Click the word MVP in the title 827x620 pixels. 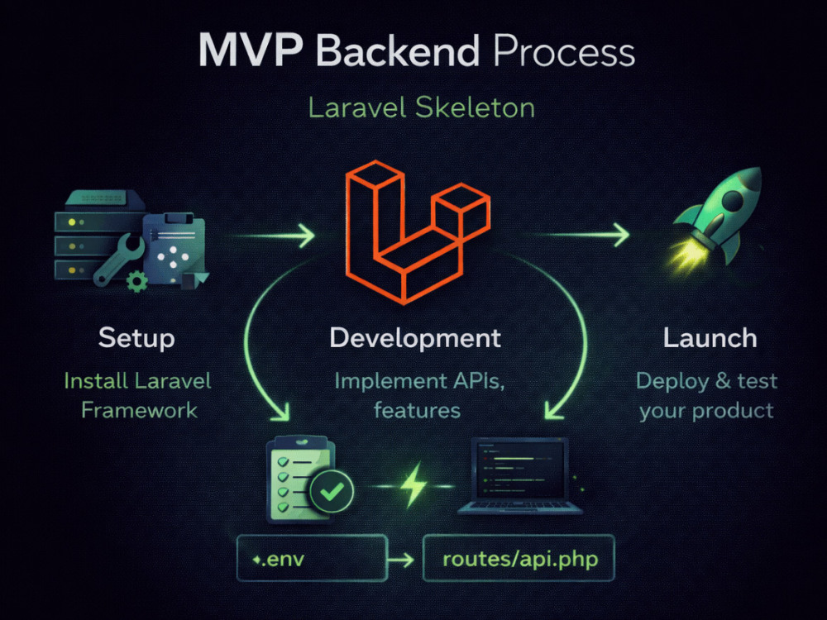251,50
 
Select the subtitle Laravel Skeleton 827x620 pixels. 422,108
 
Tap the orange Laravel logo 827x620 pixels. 418,232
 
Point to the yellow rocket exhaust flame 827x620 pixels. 686,257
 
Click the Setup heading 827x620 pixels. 136,338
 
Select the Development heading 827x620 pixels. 415,338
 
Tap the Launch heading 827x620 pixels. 710,338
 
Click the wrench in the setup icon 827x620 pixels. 119,260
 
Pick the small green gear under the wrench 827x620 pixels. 137,282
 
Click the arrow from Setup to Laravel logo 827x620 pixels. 275,235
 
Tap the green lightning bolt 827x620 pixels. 414,485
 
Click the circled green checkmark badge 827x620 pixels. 332,491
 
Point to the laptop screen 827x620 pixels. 519,470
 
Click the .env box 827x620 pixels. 313,558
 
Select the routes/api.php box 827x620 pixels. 519,558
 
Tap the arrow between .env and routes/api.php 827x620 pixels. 401,559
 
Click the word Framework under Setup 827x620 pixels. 139,410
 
